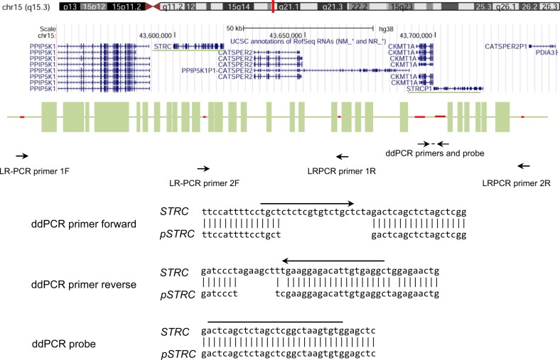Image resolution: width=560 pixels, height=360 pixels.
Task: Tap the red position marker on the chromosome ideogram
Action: [273, 6]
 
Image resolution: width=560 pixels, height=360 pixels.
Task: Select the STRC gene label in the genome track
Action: [162, 45]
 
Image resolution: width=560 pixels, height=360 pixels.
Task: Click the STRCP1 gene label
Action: [419, 89]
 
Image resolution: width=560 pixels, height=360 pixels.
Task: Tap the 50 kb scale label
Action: [234, 28]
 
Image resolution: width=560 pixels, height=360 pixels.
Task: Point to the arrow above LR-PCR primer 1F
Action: [22, 156]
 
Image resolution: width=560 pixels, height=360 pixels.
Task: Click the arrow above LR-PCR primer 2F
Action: [203, 168]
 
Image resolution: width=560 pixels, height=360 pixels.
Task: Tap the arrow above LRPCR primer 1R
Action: [343, 157]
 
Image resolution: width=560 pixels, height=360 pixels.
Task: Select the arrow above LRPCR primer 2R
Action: [524, 166]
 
